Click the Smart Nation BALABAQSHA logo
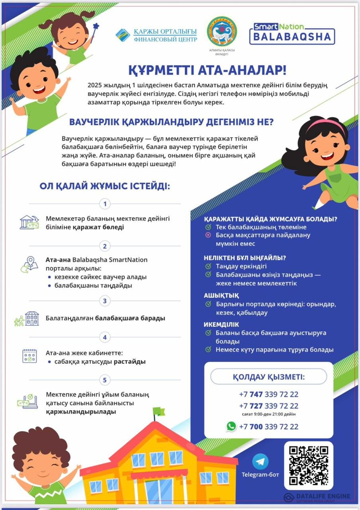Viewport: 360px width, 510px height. coord(292,33)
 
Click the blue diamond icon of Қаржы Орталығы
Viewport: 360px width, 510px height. coord(123,35)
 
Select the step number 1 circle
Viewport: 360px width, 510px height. coord(105,204)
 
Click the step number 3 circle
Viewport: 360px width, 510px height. coord(105,301)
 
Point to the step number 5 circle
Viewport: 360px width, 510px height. coord(105,380)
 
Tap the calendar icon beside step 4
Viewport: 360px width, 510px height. coord(29,355)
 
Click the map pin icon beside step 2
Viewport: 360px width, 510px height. coord(29,265)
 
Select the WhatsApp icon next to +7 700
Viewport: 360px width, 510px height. coord(231,426)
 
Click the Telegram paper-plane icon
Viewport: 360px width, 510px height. coord(260,461)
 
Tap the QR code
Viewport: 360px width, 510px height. coord(309,465)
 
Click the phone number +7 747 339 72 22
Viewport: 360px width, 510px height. coord(268,394)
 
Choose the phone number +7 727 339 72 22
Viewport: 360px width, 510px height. coord(268,406)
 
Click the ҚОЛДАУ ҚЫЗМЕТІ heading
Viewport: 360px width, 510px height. coord(268,377)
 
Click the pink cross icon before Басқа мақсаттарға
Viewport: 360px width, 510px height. coord(208,235)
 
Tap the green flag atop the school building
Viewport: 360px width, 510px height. coord(159,411)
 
